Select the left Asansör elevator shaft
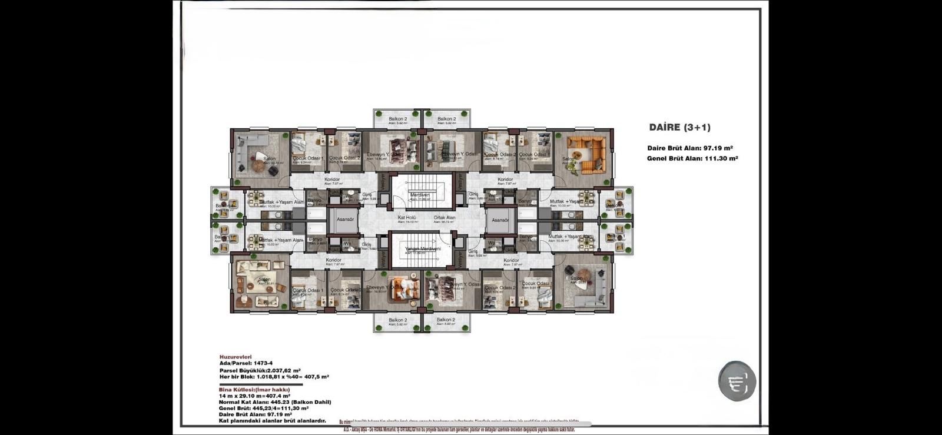345,220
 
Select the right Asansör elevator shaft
500,220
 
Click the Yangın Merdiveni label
422,249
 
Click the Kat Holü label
407,218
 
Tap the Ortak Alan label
445,218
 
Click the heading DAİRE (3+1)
679,127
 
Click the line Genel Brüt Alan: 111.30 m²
692,158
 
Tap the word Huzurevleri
235,357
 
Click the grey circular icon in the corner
737,381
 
